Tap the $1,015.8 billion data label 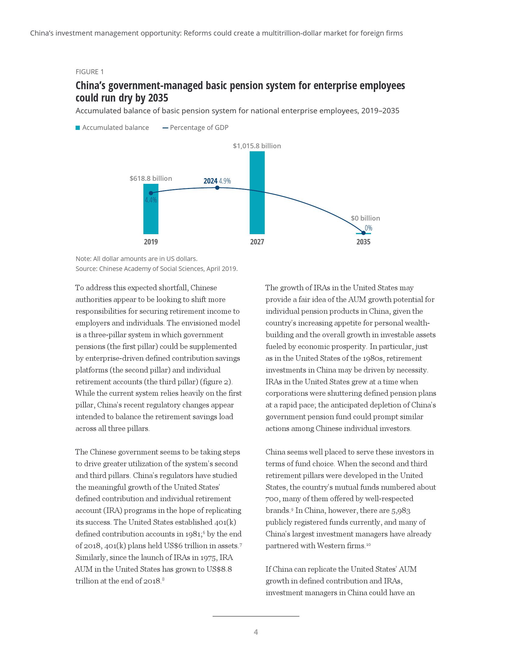[257, 146]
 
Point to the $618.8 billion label [151, 178]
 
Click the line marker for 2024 [217, 188]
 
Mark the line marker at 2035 [364, 233]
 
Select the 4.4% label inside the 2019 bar [151, 200]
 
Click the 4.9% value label [225, 181]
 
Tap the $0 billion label [365, 218]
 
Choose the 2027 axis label [257, 242]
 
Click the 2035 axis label [364, 242]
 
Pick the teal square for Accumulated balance [78, 128]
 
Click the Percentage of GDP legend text [199, 128]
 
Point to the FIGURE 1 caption [89, 72]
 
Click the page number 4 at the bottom [256, 632]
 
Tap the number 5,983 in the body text [401, 511]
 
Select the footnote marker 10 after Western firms [368, 545]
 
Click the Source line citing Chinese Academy [157, 269]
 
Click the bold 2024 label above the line [210, 181]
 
